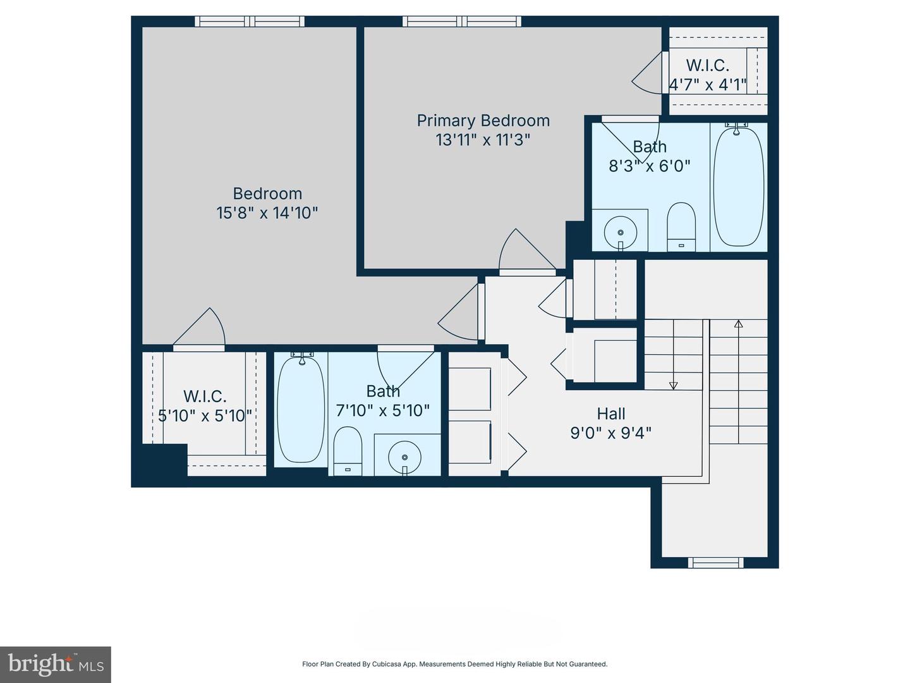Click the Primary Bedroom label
point(483,120)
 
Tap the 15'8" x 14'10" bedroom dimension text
point(267,212)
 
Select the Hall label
point(611,414)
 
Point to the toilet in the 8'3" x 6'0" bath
point(681,226)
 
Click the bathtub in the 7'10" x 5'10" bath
point(301,409)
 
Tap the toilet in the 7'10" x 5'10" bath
point(347,450)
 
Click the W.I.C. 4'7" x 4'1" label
point(708,75)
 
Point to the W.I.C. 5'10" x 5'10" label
point(205,406)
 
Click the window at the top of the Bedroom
point(250,22)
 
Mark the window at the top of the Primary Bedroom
point(462,22)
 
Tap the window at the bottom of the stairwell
point(715,562)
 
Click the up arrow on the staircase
point(738,325)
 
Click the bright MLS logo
point(55,664)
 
